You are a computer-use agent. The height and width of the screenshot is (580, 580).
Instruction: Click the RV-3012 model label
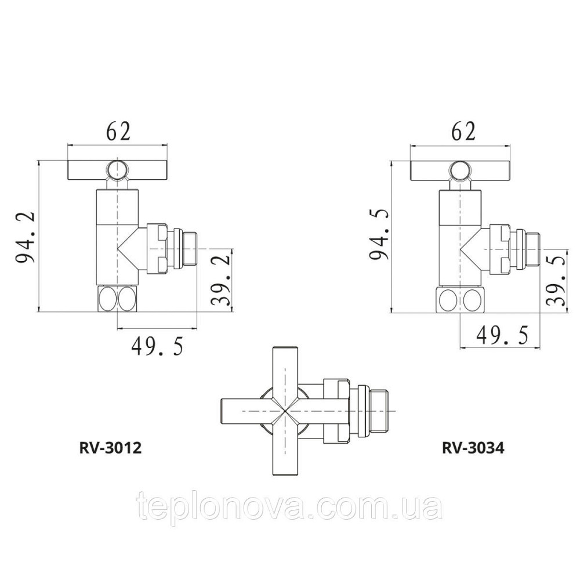[110, 448]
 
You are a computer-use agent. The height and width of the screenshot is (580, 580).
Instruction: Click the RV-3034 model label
[473, 448]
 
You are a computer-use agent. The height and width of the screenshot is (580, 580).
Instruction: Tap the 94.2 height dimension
[26, 238]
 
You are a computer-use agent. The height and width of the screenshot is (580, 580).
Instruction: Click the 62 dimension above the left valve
[117, 132]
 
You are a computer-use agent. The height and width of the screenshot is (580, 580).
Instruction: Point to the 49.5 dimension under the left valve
[157, 347]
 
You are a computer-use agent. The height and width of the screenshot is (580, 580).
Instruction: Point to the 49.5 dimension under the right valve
[502, 335]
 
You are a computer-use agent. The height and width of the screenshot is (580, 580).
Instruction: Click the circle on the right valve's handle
[461, 169]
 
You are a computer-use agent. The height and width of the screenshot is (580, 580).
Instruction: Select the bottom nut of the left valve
[117, 299]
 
